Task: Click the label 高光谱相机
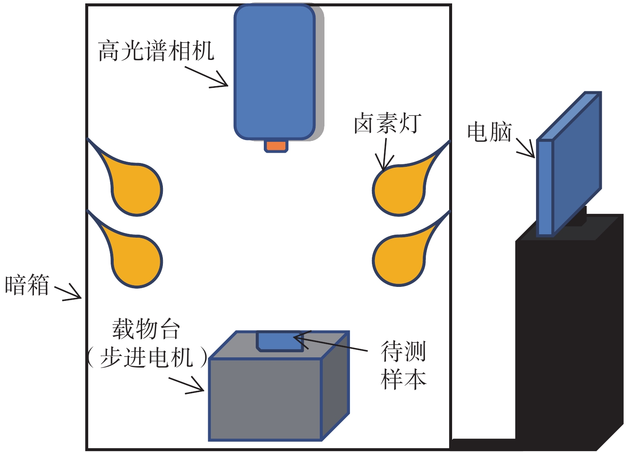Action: (156, 51)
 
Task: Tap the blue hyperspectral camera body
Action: (275, 72)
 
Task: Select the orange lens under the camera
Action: (276, 146)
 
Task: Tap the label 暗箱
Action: (27, 284)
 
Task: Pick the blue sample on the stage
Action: (280, 341)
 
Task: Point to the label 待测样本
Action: (403, 365)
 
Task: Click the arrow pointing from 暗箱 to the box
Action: (68, 292)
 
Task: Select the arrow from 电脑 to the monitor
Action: (525, 147)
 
